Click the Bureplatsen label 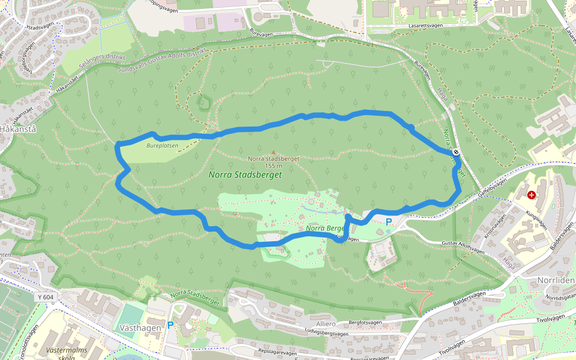[x=162, y=145]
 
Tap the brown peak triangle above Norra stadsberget [x=274, y=152]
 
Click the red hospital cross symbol [x=532, y=194]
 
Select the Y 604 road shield [x=45, y=297]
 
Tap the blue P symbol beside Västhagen [x=170, y=325]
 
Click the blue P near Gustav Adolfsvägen [x=388, y=222]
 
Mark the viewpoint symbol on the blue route [x=456, y=152]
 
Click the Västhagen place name [x=140, y=328]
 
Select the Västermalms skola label [x=67, y=353]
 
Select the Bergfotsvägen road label [x=365, y=322]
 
